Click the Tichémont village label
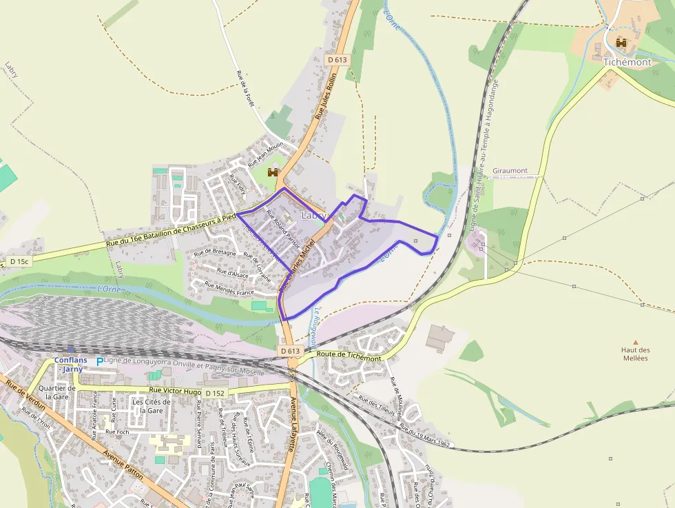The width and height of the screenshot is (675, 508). pos(627,62)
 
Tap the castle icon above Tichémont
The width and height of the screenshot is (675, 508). pos(621,43)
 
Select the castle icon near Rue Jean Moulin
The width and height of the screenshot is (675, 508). pos(273,172)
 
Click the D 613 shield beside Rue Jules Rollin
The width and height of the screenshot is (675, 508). pos(337,60)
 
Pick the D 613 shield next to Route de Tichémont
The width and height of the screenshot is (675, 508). pos(291,351)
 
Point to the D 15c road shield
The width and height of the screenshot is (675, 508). pos(19,261)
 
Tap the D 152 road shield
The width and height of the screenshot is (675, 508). pos(215,393)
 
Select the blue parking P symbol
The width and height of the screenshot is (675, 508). pos(99,361)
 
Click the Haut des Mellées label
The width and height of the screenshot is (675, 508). pos(635,354)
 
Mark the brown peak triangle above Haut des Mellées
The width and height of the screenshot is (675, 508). pos(636,342)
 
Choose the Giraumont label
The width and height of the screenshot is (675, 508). pos(510,170)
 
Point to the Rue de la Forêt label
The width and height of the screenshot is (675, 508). pos(246,88)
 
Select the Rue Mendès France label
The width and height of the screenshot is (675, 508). pos(225,287)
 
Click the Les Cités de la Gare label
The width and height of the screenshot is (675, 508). pos(151,406)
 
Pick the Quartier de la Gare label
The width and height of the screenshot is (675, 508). pos(56,392)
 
